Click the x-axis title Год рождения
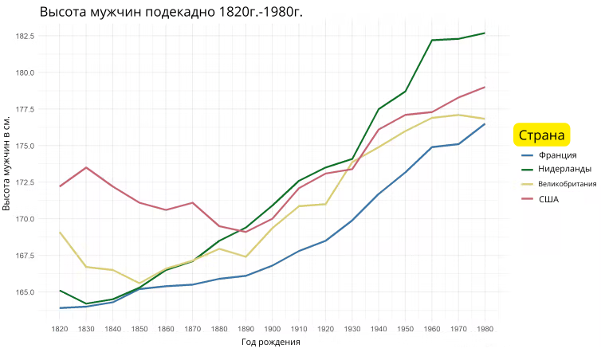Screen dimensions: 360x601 [x=270, y=342]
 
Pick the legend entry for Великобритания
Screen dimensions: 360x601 [x=567, y=184]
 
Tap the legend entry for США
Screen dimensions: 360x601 [x=548, y=198]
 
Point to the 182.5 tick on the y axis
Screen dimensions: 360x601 [x=27, y=36]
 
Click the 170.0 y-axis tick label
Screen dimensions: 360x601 [x=27, y=219]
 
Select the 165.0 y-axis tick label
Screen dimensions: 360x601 [x=27, y=292]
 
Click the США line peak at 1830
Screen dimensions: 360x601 [x=86, y=167]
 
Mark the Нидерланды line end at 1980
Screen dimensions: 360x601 [x=484, y=33]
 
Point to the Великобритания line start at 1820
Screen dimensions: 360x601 [x=60, y=232]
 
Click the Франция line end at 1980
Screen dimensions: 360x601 [x=484, y=123]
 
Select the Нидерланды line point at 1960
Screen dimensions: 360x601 [x=431, y=40]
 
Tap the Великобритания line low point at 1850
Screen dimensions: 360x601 [x=139, y=283]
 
